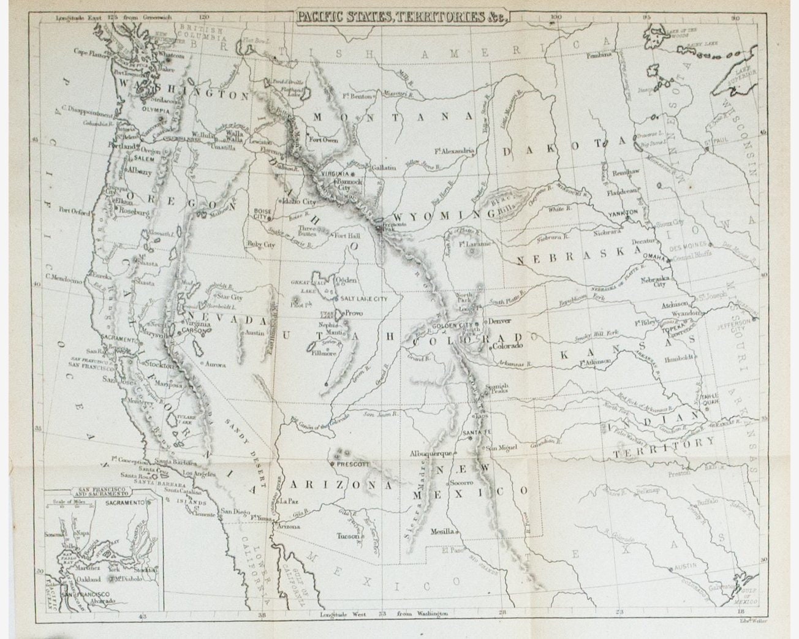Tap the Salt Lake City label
[x=364, y=298]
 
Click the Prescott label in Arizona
[x=353, y=464]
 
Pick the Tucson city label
[x=348, y=535]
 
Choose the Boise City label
[x=262, y=213]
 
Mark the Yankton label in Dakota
[x=623, y=213]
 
